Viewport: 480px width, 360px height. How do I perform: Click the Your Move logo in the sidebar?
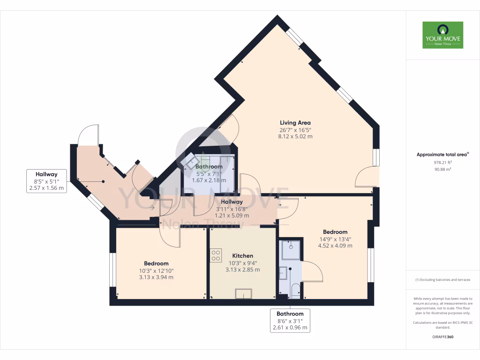(x=442, y=35)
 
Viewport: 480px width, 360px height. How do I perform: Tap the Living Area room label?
(x=295, y=123)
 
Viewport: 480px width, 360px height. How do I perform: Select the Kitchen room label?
(x=243, y=256)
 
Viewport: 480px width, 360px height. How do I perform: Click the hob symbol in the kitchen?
(x=216, y=256)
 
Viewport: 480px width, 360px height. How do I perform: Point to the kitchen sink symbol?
(x=243, y=293)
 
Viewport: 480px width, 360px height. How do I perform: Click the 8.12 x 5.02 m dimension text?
(x=295, y=136)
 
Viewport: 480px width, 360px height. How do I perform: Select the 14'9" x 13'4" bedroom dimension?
(x=335, y=239)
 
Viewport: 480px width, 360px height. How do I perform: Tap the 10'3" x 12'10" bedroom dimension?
(x=156, y=270)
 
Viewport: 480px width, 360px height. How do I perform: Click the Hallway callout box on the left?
(x=45, y=181)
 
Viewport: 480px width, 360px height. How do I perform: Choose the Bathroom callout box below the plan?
(x=290, y=321)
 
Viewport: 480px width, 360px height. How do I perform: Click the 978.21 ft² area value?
(x=443, y=163)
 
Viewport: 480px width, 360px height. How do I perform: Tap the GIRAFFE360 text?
(x=443, y=337)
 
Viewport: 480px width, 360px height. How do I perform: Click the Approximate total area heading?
(x=443, y=154)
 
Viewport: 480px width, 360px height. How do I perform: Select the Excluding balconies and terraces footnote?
(x=443, y=280)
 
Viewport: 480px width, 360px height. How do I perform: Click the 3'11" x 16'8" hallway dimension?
(x=232, y=209)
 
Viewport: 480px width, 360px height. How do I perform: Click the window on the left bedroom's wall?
(x=112, y=270)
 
